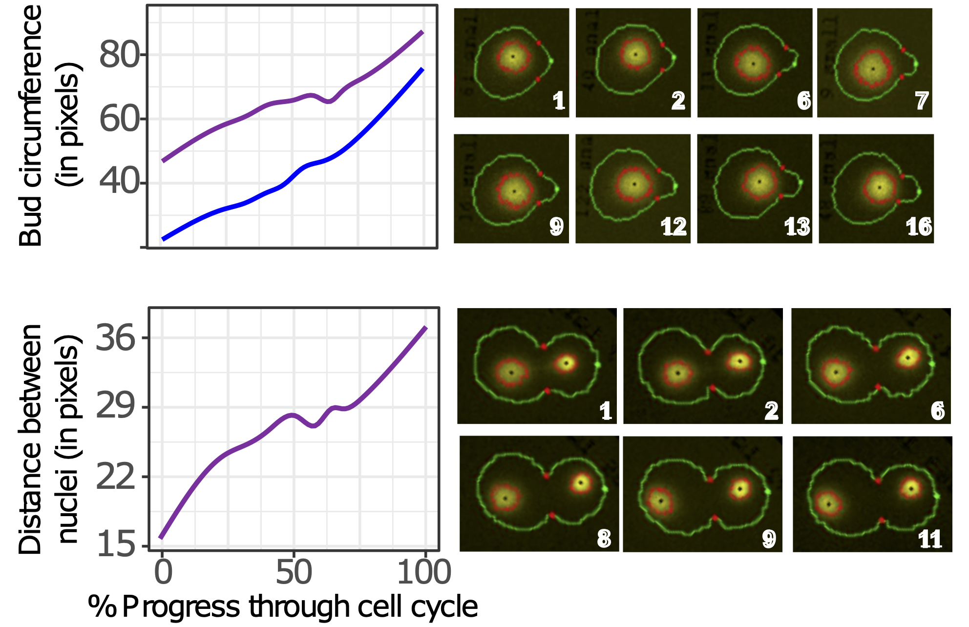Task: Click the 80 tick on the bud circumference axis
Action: click(119, 55)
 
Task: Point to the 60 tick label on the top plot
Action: click(119, 119)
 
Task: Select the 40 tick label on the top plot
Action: click(119, 182)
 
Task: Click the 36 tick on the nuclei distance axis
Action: click(115, 338)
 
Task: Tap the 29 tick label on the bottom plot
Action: click(115, 406)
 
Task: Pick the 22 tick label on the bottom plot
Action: click(115, 477)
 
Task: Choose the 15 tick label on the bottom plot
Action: click(115, 545)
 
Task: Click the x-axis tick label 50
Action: click(294, 573)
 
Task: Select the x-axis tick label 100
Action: click(424, 573)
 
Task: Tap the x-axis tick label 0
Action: click(163, 573)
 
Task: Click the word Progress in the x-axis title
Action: click(181, 607)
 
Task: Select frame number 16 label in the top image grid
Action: click(919, 227)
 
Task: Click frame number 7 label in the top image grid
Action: click(921, 101)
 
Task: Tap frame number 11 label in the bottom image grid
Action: click(929, 540)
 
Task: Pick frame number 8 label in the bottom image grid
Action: click(604, 539)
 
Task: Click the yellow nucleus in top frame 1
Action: click(513, 57)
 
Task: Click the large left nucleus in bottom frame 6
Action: click(836, 372)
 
